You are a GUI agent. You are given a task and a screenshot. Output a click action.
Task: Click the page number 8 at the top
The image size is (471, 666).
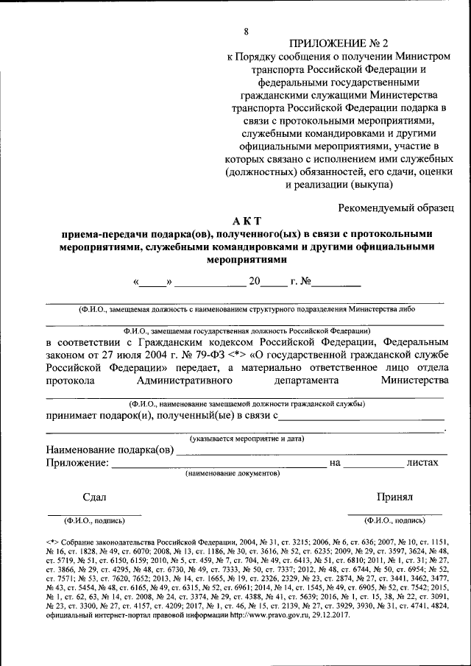(247, 31)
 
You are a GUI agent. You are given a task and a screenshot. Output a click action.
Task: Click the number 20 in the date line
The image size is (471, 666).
(255, 282)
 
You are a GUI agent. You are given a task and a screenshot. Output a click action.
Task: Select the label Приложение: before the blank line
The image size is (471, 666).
(77, 463)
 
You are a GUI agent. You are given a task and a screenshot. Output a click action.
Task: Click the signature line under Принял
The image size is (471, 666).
(394, 513)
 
